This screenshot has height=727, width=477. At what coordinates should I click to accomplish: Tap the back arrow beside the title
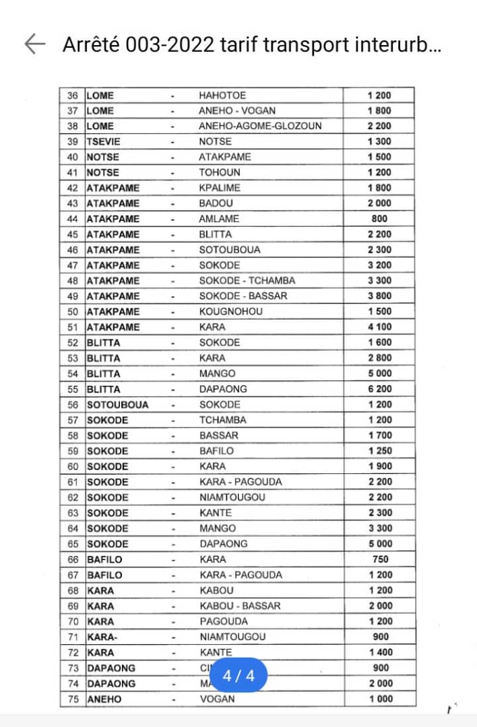(34, 44)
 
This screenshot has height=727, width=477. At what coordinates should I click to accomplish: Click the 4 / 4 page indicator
(238, 676)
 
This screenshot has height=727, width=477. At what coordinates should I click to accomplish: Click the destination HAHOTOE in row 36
(222, 96)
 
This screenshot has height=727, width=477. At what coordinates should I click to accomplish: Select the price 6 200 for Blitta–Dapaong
(379, 389)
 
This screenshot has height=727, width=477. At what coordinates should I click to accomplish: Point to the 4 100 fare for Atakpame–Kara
(379, 327)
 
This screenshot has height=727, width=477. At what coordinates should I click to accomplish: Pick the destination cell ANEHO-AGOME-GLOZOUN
(260, 126)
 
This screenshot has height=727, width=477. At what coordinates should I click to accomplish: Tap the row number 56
(73, 405)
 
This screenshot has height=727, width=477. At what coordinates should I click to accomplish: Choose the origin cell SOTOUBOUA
(117, 405)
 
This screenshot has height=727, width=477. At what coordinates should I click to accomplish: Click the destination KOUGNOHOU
(230, 312)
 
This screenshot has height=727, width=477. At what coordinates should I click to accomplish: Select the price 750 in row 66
(379, 559)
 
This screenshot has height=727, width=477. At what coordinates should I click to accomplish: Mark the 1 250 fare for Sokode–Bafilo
(379, 451)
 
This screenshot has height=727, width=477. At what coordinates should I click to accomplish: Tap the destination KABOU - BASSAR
(240, 606)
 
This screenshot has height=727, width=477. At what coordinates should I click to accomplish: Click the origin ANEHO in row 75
(104, 699)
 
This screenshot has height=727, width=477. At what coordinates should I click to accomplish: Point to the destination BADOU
(215, 203)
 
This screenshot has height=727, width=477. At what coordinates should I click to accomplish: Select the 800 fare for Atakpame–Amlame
(379, 219)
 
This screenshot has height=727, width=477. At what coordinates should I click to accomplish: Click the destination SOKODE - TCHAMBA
(247, 281)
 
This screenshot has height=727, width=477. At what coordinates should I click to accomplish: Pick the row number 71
(73, 637)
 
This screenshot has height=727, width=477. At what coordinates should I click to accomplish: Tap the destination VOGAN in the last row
(217, 699)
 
